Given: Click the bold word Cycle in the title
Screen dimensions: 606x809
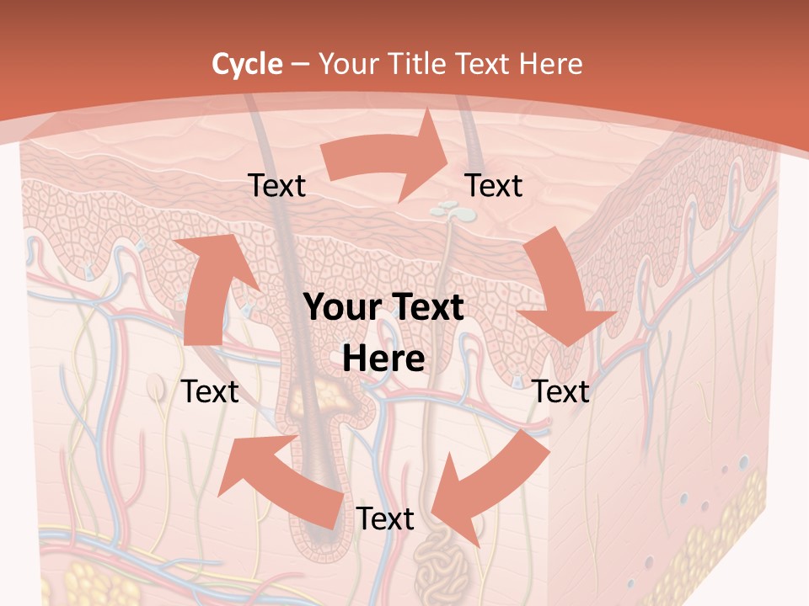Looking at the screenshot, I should click(247, 64).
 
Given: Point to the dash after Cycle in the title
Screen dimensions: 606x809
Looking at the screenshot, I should click(300, 65).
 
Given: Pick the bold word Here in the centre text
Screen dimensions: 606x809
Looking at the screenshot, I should click(383, 359).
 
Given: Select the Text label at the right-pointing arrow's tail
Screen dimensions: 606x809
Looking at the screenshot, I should click(277, 186).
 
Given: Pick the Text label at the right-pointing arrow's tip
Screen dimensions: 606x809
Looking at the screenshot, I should click(494, 186).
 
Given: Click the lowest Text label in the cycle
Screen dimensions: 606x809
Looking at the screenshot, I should click(385, 519).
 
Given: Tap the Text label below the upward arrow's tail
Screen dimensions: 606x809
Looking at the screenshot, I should click(210, 391).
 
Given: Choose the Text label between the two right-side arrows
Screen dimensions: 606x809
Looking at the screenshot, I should click(561, 391).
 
